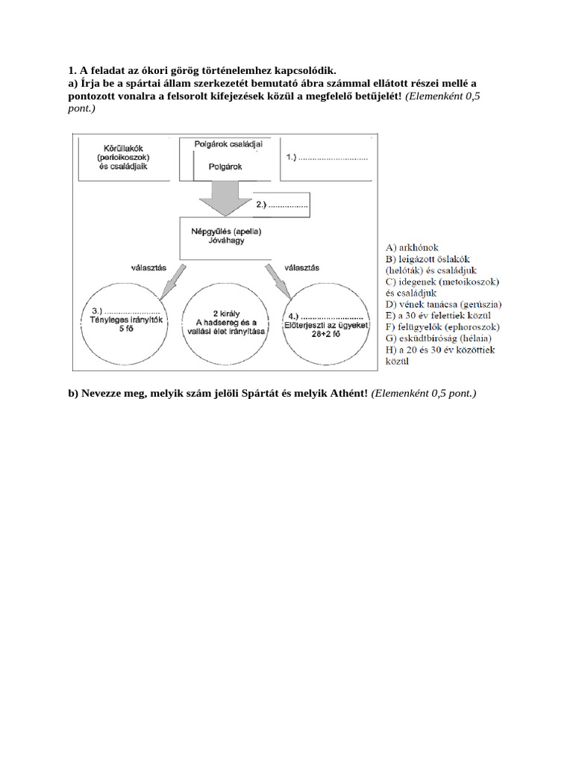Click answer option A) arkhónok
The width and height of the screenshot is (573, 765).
pos(412,247)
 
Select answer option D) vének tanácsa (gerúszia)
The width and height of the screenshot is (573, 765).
pos(443,304)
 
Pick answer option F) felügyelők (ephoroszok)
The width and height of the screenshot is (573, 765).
pos(442,326)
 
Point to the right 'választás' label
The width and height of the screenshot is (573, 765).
pos(302,267)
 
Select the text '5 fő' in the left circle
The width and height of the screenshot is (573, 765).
pos(125,329)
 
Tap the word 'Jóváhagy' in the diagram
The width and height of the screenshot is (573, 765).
pos(227,242)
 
